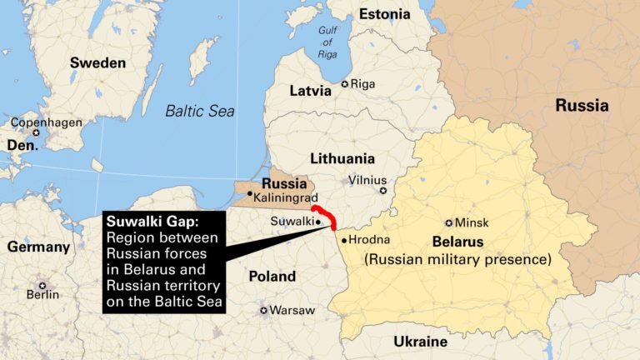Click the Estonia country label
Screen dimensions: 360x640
click(x=384, y=13)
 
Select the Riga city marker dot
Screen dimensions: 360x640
click(x=345, y=84)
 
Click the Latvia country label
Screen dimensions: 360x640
click(x=310, y=91)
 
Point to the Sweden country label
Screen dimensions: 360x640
click(x=97, y=62)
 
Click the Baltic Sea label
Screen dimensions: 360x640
click(x=199, y=110)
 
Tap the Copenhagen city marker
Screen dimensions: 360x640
click(x=36, y=133)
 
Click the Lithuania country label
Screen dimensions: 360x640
click(x=342, y=158)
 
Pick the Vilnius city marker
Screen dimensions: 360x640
click(x=383, y=191)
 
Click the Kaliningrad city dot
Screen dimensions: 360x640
click(x=250, y=193)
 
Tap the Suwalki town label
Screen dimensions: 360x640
click(x=292, y=222)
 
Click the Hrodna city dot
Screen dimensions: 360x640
click(x=344, y=240)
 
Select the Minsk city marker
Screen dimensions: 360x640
click(x=449, y=222)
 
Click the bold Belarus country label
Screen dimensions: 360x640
click(x=457, y=242)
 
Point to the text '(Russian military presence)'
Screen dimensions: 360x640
click(x=457, y=260)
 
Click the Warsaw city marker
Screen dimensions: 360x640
click(x=264, y=311)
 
